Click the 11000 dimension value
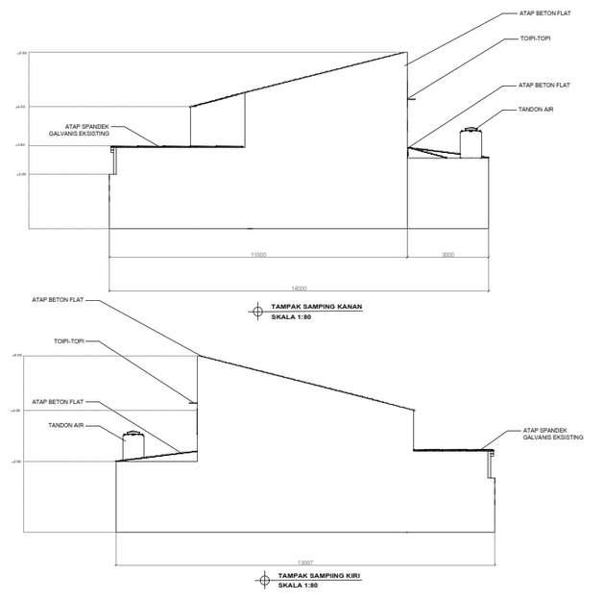point(257,254)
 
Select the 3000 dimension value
point(447,254)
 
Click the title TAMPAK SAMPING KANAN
point(308,307)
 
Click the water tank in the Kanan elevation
point(471,142)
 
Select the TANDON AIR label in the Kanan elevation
point(535,110)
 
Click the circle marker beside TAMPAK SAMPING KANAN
point(256,310)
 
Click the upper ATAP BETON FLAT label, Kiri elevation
point(59,300)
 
